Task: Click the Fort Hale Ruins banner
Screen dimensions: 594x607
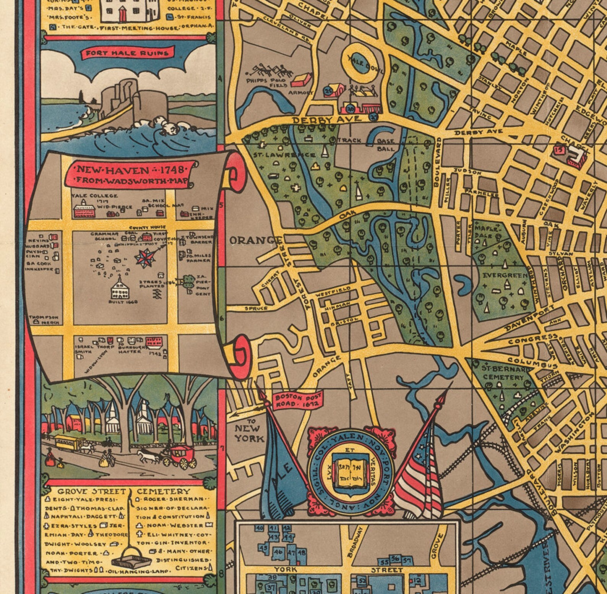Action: [x=127, y=53]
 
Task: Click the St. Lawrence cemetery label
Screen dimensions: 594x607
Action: [x=284, y=155]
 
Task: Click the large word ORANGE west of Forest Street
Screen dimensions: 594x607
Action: [x=255, y=240]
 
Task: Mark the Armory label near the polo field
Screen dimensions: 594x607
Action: [x=301, y=93]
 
